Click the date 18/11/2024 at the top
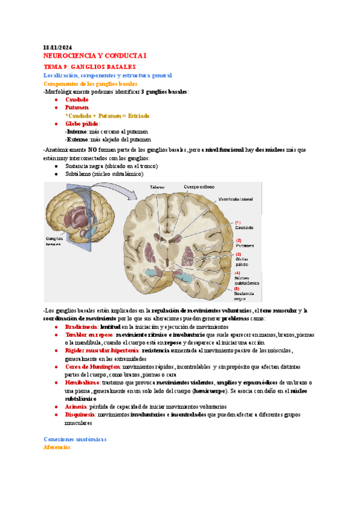58,47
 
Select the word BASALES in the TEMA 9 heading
122,67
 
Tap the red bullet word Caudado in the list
76,99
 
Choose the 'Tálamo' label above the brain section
157,187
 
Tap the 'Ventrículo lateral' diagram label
236,199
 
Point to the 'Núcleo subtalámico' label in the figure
247,280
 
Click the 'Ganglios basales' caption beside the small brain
55,241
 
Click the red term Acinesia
76,406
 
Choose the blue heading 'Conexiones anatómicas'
75,439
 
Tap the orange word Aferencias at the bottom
58,447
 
